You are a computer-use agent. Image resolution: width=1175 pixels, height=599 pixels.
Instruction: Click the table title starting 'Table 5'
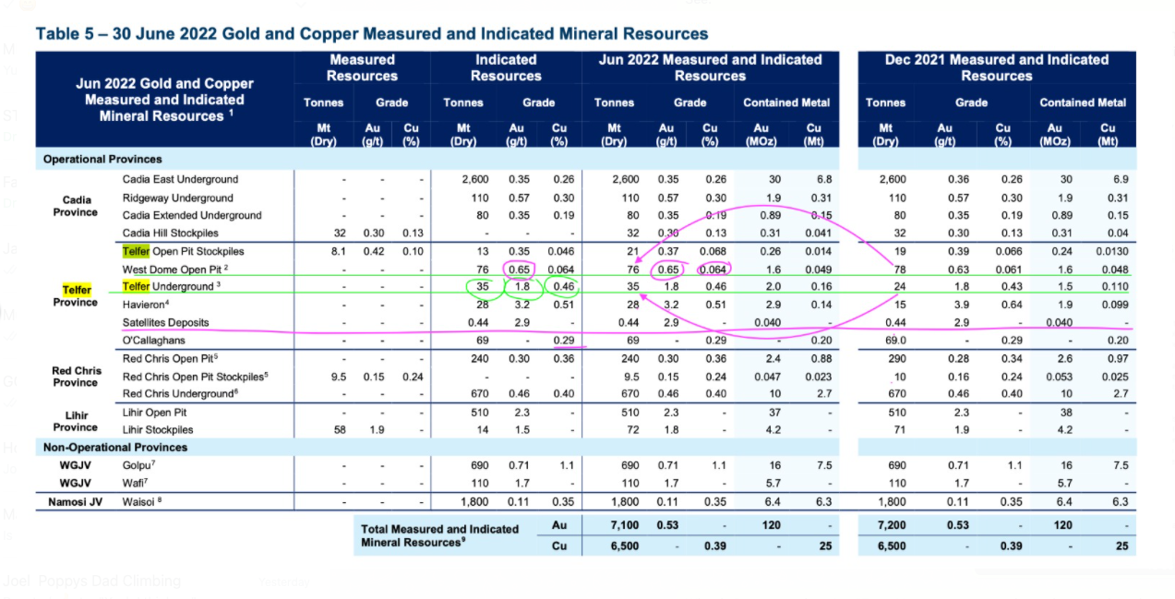point(371,34)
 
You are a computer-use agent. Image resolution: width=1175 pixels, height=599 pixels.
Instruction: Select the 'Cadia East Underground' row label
point(180,179)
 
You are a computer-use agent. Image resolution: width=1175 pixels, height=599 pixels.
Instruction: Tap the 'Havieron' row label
point(146,305)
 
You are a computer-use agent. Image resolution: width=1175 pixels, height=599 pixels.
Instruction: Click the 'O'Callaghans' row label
point(154,341)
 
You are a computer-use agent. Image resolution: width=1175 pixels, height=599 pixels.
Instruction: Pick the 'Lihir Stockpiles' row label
point(157,429)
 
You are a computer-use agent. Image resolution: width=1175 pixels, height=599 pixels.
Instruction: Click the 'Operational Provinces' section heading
point(102,159)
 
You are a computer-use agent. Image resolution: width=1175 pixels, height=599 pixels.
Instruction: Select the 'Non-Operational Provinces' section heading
point(114,448)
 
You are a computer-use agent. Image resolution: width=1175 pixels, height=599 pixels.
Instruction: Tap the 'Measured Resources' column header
point(362,67)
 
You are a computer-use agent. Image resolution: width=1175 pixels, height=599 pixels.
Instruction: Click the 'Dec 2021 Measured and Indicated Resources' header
point(997,67)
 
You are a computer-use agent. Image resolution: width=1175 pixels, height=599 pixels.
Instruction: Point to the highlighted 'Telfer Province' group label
point(76,296)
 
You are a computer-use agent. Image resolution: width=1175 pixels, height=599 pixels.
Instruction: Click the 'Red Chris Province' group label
point(76,377)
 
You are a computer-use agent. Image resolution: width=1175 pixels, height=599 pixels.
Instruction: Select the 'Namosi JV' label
point(75,502)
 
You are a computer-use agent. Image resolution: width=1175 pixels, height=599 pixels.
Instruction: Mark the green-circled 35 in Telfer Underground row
point(482,286)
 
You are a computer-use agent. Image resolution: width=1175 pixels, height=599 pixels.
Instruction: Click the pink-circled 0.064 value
point(713,270)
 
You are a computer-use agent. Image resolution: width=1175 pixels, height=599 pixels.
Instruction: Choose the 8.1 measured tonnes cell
point(339,251)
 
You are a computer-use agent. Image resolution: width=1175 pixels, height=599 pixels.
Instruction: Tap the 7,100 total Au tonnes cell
point(624,525)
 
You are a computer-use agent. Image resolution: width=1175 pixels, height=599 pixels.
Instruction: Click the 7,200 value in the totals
point(892,525)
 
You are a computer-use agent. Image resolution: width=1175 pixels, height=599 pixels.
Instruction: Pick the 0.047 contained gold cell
point(766,377)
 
